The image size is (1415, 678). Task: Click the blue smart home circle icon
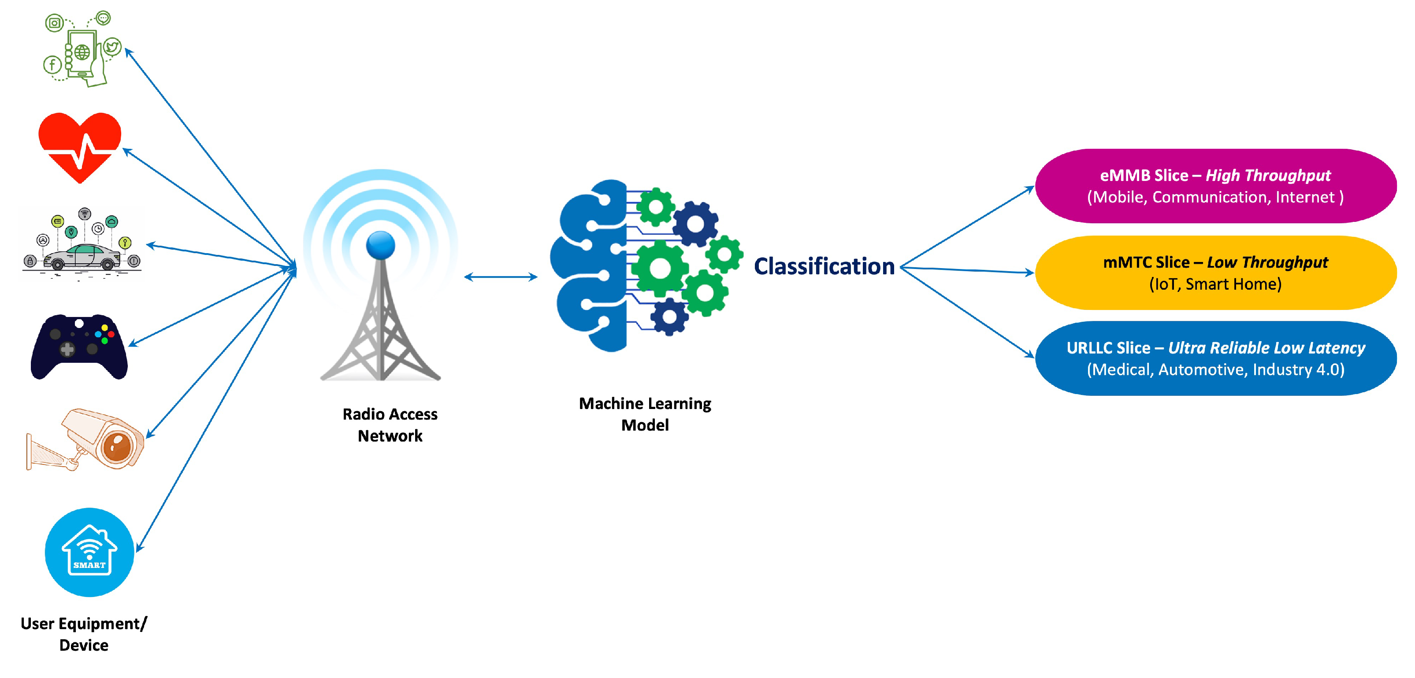89,552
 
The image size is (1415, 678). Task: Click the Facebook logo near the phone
52,65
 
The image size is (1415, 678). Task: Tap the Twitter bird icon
113,47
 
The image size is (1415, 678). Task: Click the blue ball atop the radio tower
381,245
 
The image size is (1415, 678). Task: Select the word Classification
824,267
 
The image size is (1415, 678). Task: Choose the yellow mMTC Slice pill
1215,273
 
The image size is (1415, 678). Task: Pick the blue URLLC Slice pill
1215,358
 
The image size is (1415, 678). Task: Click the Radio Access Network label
390,424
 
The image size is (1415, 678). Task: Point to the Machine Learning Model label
645,414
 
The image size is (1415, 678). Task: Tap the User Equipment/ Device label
83,634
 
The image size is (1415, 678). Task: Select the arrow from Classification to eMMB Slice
967,227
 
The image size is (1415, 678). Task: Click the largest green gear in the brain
660,269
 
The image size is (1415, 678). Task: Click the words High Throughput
1268,176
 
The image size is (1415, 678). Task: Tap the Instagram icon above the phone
54,23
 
